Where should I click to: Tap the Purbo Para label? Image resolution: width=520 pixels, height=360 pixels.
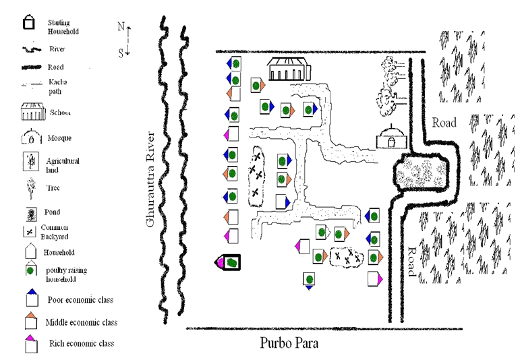[289, 342]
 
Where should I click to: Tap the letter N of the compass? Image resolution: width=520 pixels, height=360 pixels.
[121, 26]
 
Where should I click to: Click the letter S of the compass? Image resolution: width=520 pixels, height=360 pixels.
[121, 53]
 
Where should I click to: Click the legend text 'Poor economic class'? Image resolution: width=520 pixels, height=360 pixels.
[80, 300]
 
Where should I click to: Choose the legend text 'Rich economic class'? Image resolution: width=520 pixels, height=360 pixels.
[82, 343]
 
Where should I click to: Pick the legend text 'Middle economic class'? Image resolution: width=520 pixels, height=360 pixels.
[83, 322]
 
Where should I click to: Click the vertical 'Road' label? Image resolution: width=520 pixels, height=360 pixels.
[410, 262]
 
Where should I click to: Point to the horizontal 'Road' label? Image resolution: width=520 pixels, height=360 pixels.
[444, 123]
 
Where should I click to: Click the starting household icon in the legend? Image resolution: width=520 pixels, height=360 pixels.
[30, 24]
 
